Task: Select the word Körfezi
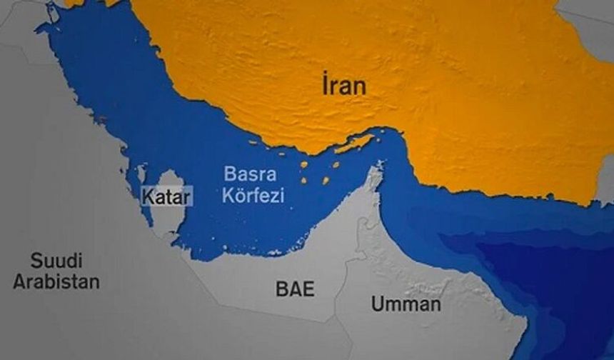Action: [253, 194]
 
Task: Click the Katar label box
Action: [167, 196]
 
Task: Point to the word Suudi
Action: [56, 259]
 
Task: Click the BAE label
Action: [295, 290]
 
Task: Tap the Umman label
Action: [405, 304]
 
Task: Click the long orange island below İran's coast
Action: [353, 145]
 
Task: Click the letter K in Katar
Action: [149, 196]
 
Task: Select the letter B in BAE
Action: [281, 290]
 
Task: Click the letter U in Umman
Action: [377, 304]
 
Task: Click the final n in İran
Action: [360, 88]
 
